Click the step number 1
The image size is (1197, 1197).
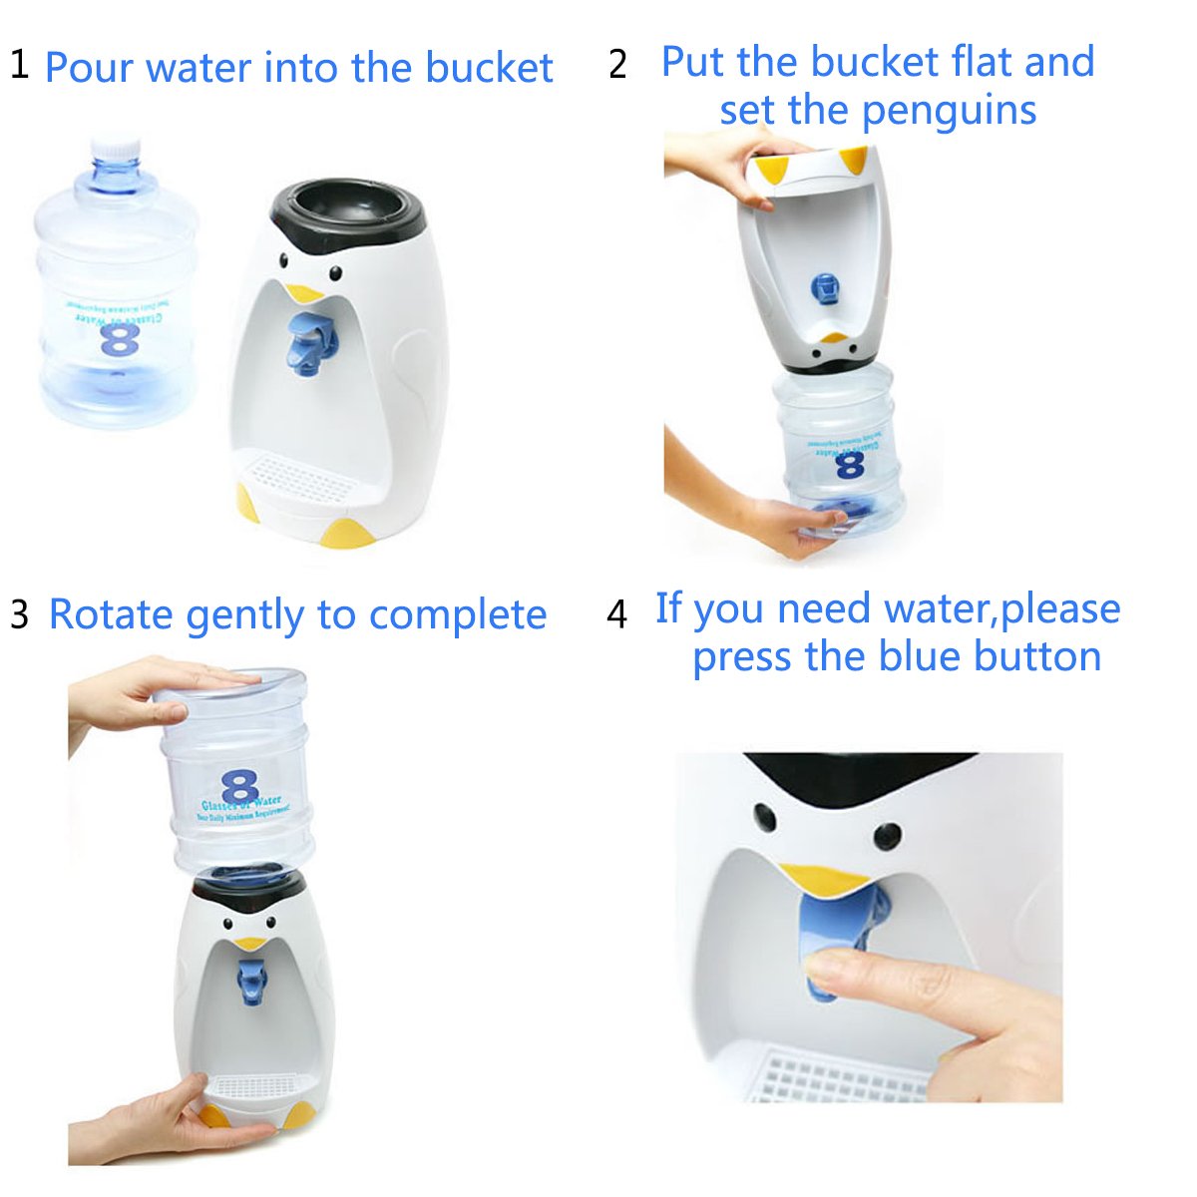click(19, 65)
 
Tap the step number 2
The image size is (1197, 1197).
click(618, 65)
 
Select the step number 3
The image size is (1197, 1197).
click(19, 614)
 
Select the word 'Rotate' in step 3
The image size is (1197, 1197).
click(112, 614)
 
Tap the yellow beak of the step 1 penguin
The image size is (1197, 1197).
click(303, 293)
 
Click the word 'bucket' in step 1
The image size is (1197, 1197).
click(489, 68)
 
